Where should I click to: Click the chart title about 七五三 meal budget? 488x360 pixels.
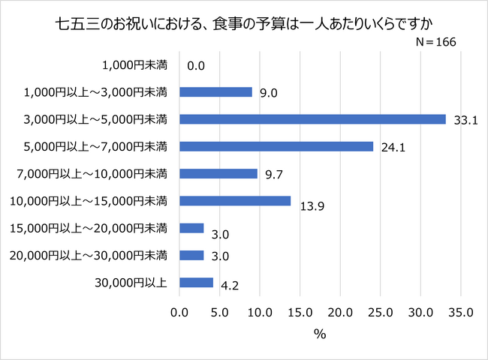(244, 19)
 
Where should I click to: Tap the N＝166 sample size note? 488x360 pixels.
(436, 43)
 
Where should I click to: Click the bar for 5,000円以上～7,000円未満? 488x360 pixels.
(276, 146)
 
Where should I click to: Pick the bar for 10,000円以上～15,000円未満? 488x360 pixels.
(235, 200)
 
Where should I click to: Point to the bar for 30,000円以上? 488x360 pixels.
(197, 283)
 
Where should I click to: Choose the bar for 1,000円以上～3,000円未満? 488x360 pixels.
(216, 91)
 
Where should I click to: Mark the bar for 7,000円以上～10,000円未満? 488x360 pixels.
(218, 173)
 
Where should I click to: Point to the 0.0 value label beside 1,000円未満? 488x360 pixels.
(196, 66)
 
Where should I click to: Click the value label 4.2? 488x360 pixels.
(230, 285)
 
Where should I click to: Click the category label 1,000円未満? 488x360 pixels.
(137, 64)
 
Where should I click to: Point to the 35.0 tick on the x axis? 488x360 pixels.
(460, 312)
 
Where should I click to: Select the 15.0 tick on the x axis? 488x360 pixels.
(300, 312)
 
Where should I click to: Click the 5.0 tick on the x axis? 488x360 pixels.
(220, 312)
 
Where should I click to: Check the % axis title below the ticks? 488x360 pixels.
(320, 335)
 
